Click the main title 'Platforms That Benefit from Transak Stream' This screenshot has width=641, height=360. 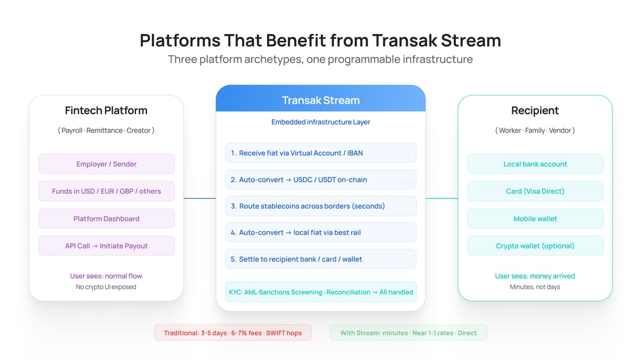pos(320,40)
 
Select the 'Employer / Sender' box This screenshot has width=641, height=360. pos(106,164)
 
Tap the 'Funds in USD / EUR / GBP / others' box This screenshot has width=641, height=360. pos(106,191)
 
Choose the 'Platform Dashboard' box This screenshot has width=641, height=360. pos(106,218)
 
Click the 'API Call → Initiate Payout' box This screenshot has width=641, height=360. pos(106,246)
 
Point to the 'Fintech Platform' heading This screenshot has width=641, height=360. pos(106,110)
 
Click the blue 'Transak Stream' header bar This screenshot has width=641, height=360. pos(320,100)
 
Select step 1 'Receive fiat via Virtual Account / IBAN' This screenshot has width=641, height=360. pos(320,153)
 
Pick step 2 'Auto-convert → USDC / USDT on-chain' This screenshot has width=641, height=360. pos(320,179)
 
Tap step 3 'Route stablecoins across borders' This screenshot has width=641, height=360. pos(320,206)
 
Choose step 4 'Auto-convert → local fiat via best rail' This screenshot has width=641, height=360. pos(320,232)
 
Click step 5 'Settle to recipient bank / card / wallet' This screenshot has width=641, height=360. pos(320,259)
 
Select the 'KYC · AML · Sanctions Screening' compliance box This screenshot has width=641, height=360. pos(320,292)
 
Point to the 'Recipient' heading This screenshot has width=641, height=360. pos(535,110)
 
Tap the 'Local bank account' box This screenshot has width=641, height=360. pos(535,164)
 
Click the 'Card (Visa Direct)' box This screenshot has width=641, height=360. pos(535,191)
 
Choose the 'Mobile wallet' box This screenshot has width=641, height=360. pos(535,218)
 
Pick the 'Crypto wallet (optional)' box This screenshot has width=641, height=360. pos(535,246)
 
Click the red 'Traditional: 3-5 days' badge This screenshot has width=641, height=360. pos(233,333)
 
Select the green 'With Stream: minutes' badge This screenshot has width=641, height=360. pos(408,333)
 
